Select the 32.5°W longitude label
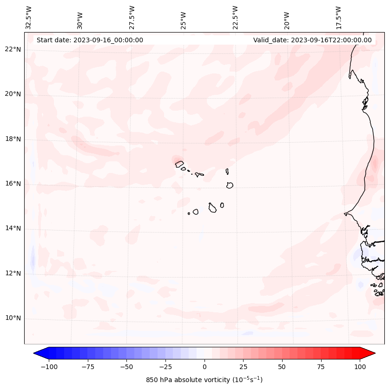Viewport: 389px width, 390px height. tap(29, 17)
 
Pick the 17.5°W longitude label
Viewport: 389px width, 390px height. tap(338, 17)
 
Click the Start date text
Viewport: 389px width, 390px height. tap(90, 40)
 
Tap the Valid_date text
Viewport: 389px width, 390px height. tap(312, 40)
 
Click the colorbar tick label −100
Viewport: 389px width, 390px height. tap(49, 367)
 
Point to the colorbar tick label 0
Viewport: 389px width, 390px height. tap(204, 367)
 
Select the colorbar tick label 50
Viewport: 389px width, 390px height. tap(282, 367)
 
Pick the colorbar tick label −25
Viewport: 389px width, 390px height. tap(165, 367)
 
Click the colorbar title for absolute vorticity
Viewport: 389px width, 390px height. tap(204, 380)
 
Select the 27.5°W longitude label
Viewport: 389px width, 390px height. tap(132, 17)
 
